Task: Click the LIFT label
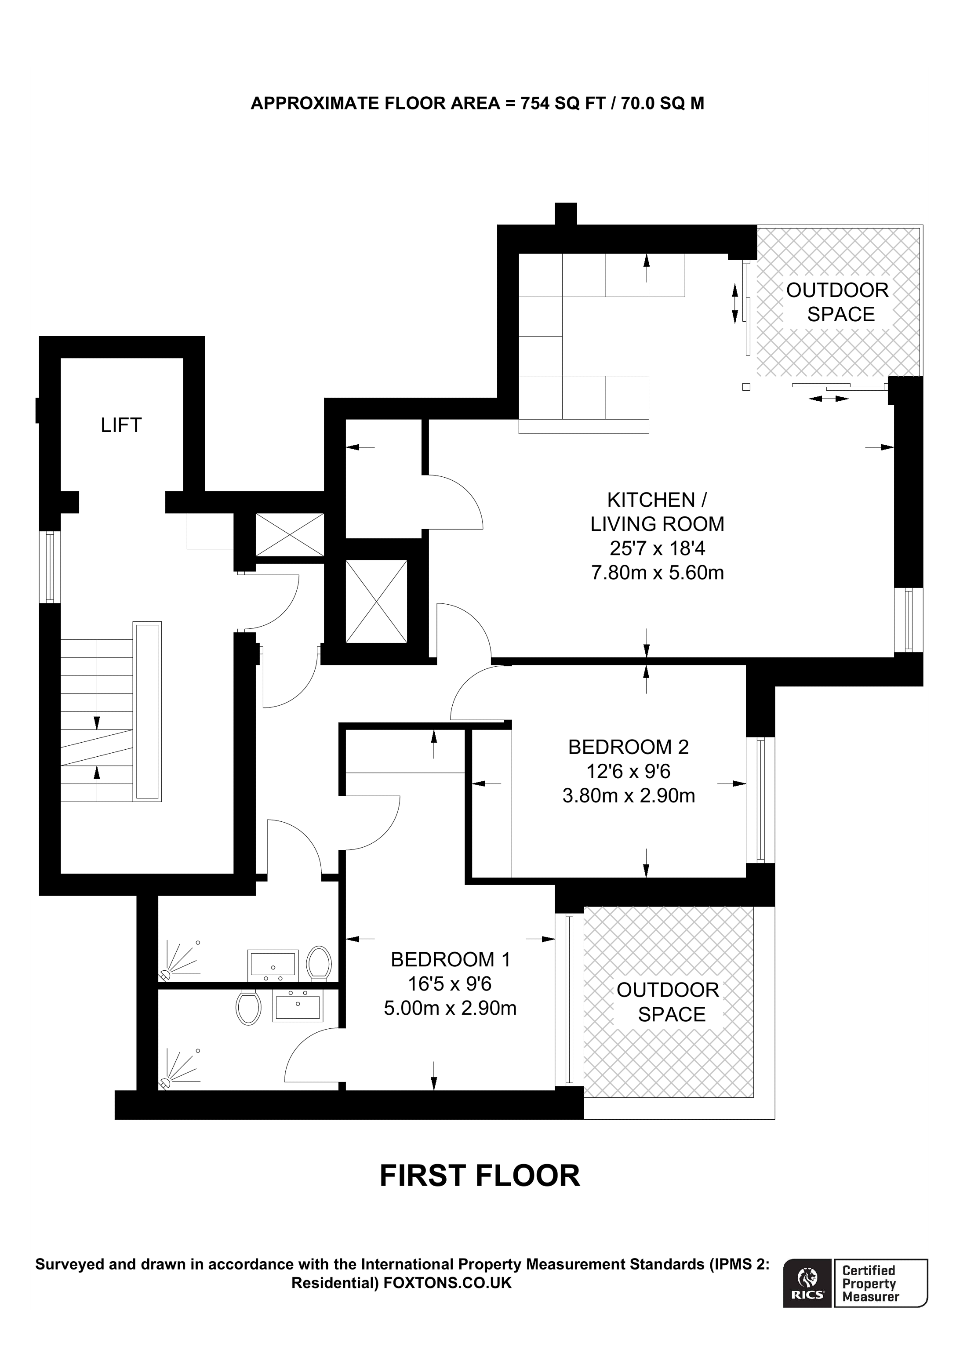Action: [x=121, y=425]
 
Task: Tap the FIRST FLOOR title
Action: [x=480, y=1176]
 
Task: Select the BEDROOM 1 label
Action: [x=451, y=959]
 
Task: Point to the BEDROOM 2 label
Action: [x=628, y=747]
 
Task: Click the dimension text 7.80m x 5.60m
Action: [x=657, y=573]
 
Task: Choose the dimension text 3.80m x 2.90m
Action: [x=629, y=795]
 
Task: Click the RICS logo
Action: [x=807, y=1283]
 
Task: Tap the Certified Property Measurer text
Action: [x=870, y=1283]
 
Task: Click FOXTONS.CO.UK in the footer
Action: [x=447, y=1283]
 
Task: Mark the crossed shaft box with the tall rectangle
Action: [x=376, y=601]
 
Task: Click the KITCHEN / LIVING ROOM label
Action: [x=657, y=512]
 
